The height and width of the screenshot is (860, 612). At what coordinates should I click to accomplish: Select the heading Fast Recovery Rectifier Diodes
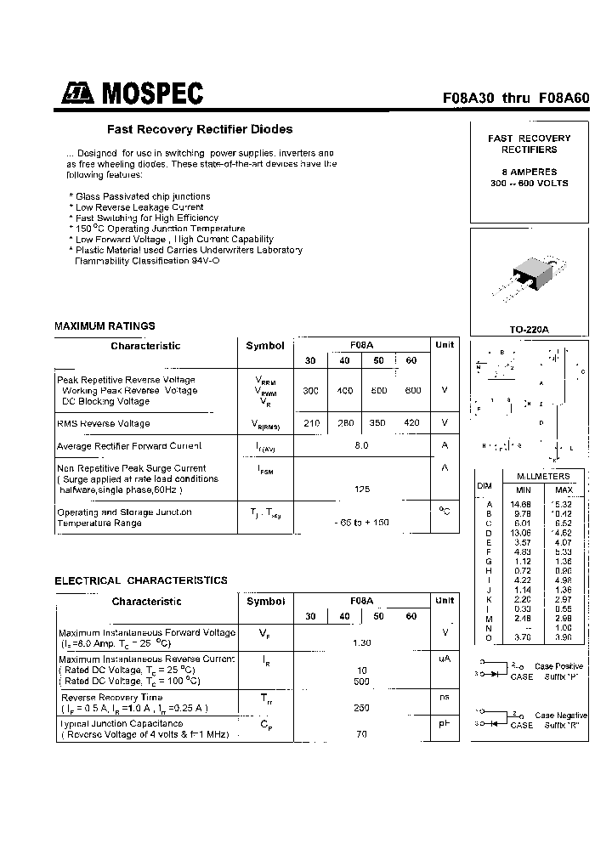tap(200, 129)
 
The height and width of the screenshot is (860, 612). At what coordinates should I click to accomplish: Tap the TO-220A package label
tap(529, 329)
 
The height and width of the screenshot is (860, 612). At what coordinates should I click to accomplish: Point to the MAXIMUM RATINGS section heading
tap(105, 325)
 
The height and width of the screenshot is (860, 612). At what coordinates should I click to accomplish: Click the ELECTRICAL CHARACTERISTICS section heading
tap(141, 580)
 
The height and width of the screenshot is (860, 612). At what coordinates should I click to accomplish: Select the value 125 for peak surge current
tap(361, 489)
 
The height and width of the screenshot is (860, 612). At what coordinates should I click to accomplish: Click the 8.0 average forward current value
tap(361, 445)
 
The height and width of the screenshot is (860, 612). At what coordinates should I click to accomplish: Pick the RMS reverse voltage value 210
tap(311, 423)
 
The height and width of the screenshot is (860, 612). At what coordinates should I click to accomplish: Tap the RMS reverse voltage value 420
tap(412, 423)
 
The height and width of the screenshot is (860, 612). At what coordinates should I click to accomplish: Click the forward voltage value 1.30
tap(361, 642)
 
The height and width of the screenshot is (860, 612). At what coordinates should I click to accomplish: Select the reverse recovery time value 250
tap(361, 707)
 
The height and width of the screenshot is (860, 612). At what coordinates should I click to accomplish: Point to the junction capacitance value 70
tap(361, 733)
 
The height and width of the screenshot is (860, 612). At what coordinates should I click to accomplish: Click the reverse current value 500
tap(361, 681)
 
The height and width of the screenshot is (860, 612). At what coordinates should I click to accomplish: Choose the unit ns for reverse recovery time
tap(443, 697)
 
